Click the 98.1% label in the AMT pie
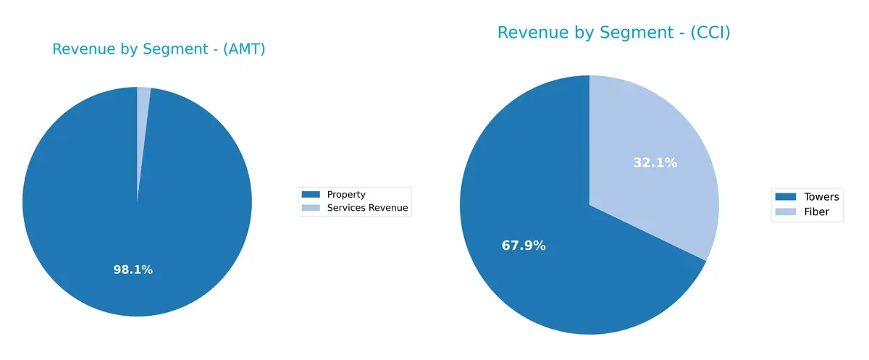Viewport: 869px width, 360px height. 133,269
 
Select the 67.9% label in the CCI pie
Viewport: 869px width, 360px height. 524,246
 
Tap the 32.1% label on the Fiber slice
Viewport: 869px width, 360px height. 655,163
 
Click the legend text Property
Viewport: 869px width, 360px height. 346,194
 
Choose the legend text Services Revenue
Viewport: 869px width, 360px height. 367,208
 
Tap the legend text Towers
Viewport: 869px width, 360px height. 821,197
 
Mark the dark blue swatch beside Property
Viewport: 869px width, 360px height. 311,194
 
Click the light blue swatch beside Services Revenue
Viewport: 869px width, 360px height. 311,208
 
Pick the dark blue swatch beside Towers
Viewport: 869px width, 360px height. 786,197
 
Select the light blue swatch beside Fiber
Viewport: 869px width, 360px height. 786,212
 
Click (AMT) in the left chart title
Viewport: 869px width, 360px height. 243,49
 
